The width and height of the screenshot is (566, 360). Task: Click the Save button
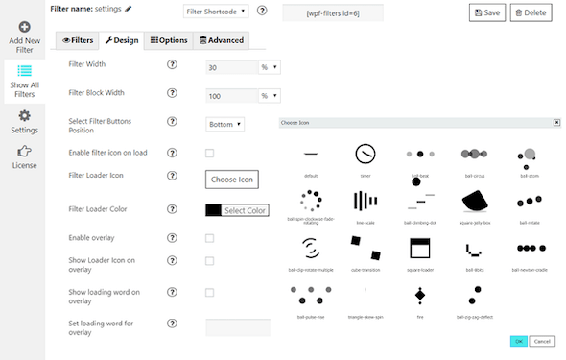pyautogui.click(x=486, y=12)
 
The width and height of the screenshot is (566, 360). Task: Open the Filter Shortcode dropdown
pyautogui.click(x=215, y=12)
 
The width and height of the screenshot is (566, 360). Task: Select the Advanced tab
pyautogui.click(x=222, y=40)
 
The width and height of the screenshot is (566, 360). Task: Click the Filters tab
pyautogui.click(x=78, y=40)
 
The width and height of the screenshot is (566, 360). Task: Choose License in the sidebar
pyautogui.click(x=25, y=156)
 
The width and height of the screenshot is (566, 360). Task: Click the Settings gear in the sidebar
pyautogui.click(x=25, y=120)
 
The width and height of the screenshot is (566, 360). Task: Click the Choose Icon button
pyautogui.click(x=232, y=180)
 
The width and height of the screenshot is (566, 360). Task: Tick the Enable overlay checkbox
pyautogui.click(x=210, y=238)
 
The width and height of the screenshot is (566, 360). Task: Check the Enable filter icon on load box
pyautogui.click(x=210, y=153)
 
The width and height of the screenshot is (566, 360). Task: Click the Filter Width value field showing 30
pyautogui.click(x=230, y=67)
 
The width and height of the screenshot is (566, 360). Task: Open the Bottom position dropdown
pyautogui.click(x=225, y=124)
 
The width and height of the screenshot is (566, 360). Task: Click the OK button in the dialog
pyautogui.click(x=517, y=341)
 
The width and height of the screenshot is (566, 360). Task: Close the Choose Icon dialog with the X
pyautogui.click(x=556, y=123)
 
